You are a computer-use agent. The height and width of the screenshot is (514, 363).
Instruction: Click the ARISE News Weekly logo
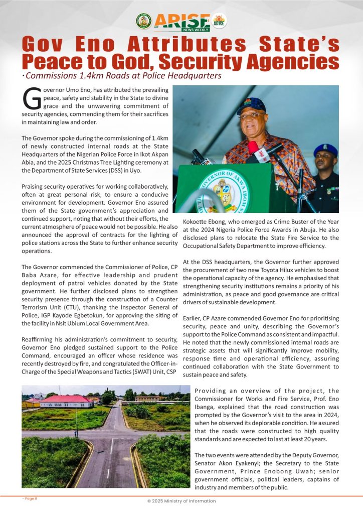(x=181, y=21)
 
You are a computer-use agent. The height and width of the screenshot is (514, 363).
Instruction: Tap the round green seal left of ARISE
(x=143, y=21)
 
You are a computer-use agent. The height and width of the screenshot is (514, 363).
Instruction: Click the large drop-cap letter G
(x=32, y=99)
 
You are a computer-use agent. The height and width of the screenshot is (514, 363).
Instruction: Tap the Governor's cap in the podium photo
(x=251, y=105)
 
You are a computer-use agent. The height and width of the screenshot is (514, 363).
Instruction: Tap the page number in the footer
(x=29, y=498)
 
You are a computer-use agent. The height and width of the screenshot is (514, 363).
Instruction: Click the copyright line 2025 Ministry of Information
(x=181, y=501)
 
